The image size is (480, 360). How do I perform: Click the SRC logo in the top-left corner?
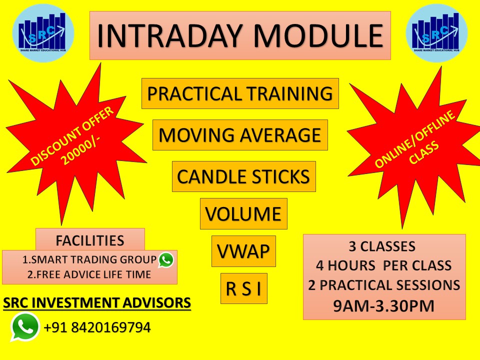[x=43, y=33]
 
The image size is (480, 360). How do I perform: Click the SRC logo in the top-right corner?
[x=436, y=33]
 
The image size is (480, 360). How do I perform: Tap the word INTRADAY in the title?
[x=170, y=35]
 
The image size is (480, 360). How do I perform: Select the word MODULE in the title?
[x=318, y=35]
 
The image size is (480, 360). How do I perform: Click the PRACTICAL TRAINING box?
[x=240, y=93]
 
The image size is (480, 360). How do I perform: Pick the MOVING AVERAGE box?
[x=240, y=135]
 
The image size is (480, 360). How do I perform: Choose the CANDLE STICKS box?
[x=243, y=176]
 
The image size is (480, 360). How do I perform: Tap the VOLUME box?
[x=243, y=213]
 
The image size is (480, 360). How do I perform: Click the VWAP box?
[x=243, y=251]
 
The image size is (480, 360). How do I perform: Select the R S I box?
[x=244, y=288]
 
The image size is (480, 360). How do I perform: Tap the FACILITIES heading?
[x=90, y=240]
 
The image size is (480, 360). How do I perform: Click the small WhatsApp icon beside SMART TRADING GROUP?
[x=166, y=260]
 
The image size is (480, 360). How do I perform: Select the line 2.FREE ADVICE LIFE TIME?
[x=89, y=274]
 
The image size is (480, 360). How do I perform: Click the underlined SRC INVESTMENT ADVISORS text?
[x=96, y=303]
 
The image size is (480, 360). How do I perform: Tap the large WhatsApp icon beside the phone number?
[x=25, y=326]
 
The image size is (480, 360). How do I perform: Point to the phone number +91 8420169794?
[x=97, y=327]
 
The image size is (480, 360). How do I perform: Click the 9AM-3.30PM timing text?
[x=384, y=306]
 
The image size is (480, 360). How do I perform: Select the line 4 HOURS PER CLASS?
[x=384, y=265]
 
